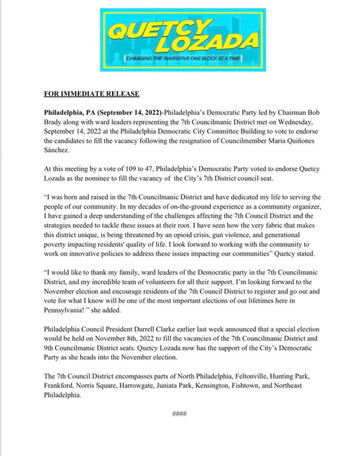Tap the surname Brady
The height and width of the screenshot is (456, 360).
click(x=53, y=120)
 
